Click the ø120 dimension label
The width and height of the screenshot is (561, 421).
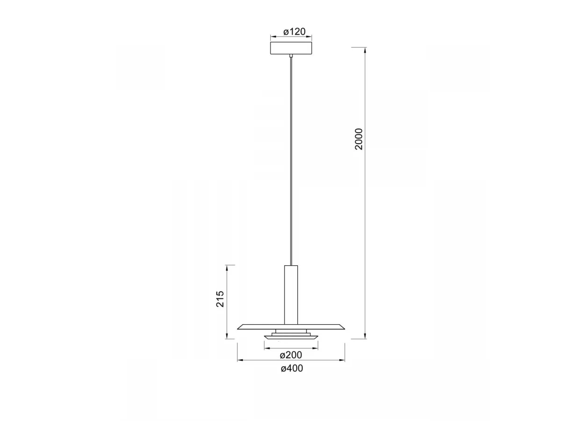tap(294, 32)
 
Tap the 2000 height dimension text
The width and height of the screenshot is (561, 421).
tap(359, 139)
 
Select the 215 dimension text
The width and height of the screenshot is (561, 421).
tap(220, 298)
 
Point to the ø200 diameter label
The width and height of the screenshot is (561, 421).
tap(291, 355)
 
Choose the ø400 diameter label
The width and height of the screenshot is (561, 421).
tap(292, 368)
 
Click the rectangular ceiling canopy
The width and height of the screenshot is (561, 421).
tap(291, 48)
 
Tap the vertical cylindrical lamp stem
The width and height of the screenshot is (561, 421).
tap(291, 295)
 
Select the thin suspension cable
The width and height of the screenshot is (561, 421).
tap(291, 161)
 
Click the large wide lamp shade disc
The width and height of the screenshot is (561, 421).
tap(291, 327)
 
